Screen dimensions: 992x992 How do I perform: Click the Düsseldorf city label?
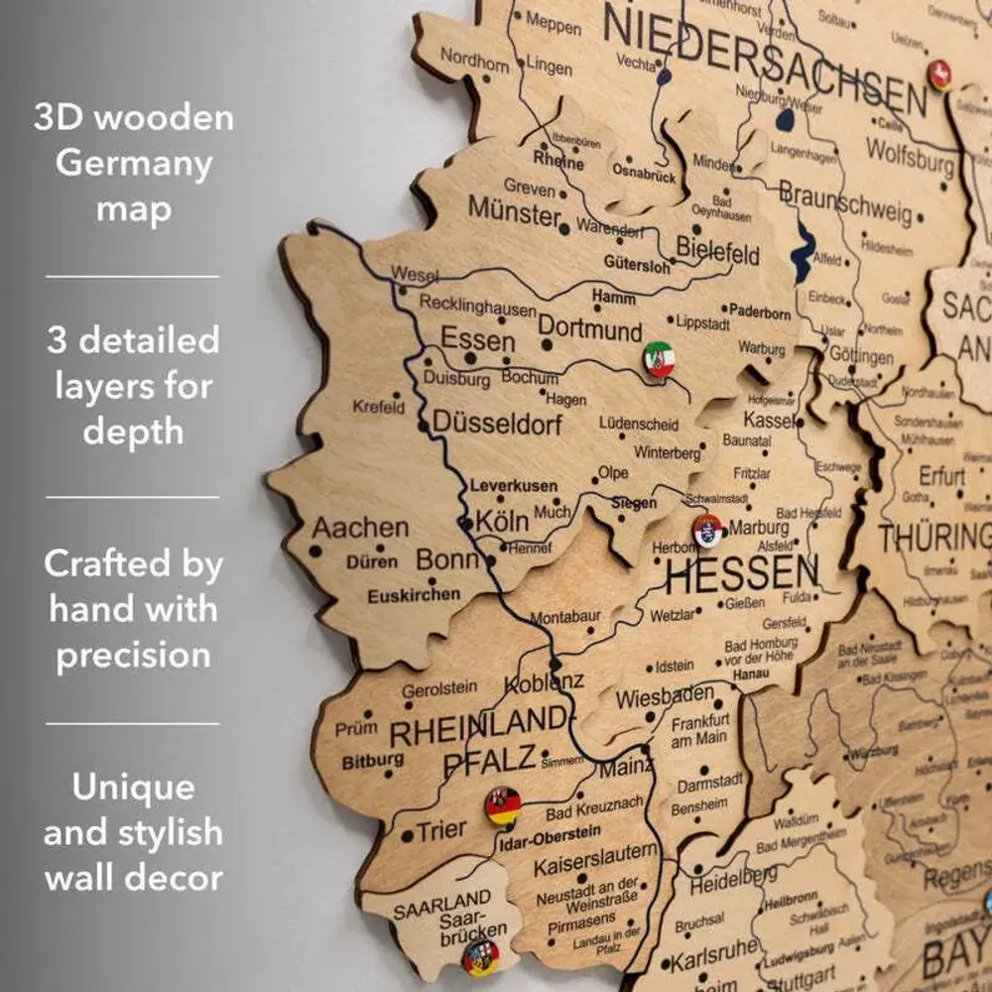497,425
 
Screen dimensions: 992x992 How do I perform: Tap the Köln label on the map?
502,521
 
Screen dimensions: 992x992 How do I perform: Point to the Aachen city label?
360,527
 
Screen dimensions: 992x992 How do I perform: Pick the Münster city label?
515,210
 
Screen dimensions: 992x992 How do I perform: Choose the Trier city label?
440,830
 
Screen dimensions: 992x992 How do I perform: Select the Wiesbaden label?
665,696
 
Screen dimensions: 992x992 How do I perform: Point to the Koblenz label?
544,682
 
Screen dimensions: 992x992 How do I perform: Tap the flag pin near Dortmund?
658,358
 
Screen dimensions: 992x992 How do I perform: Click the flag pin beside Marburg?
708,531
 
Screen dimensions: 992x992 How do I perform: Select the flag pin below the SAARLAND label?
481,956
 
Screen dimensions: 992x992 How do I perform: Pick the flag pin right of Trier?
503,806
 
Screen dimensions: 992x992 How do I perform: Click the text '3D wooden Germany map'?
134,163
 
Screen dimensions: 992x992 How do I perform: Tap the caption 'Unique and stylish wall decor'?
134,832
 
